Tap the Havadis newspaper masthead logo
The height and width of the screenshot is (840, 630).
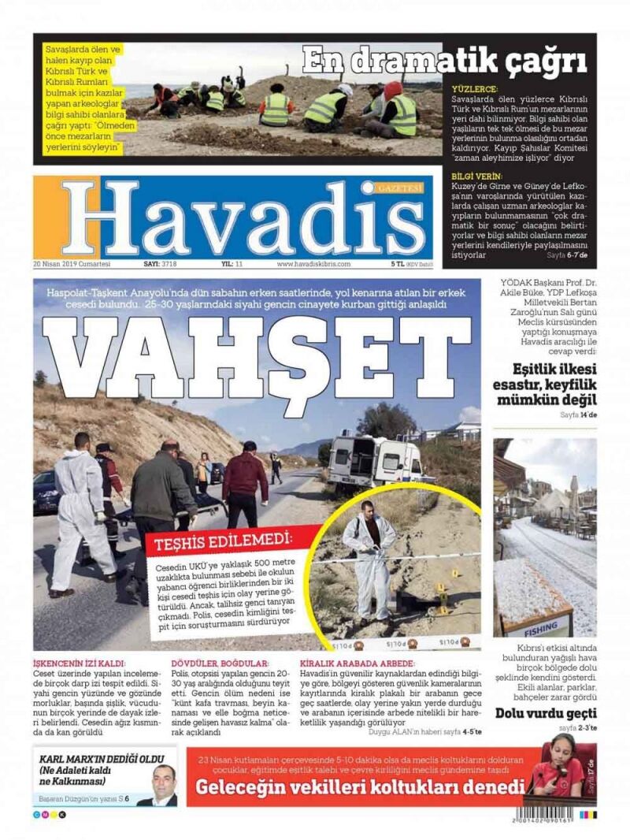[236, 218]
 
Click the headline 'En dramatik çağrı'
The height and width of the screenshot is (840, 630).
[445, 60]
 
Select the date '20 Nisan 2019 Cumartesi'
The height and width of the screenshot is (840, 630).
[72, 264]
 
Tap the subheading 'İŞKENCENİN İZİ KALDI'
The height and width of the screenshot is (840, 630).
[79, 663]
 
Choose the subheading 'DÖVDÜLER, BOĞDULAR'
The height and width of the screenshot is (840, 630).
[220, 663]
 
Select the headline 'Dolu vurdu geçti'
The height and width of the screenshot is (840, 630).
[545, 714]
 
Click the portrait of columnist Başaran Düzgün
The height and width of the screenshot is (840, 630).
[163, 783]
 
